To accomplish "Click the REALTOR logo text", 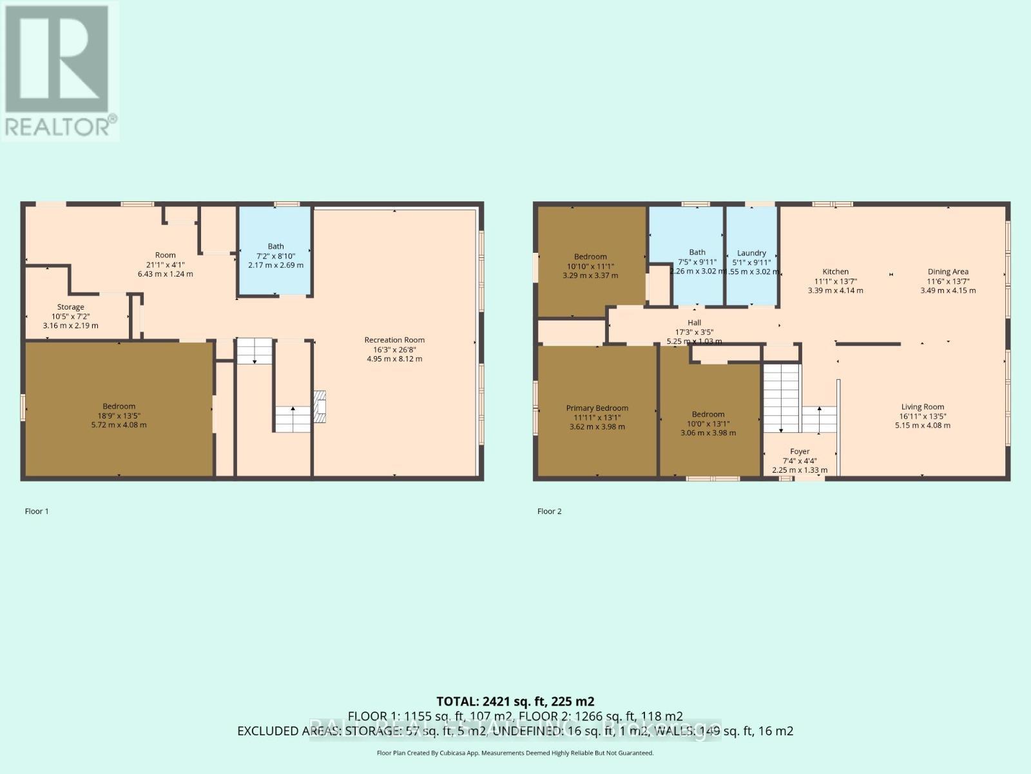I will pyautogui.click(x=59, y=126).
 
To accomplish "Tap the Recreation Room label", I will pyautogui.click(x=394, y=340).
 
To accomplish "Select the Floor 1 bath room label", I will pyautogui.click(x=276, y=246).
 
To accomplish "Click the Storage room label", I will pyautogui.click(x=70, y=307).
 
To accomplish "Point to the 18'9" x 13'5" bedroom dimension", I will pyautogui.click(x=119, y=415).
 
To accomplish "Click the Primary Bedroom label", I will pyautogui.click(x=597, y=408).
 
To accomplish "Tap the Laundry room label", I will pyautogui.click(x=751, y=253).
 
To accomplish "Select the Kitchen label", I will pyautogui.click(x=835, y=272).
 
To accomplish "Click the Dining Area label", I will pyautogui.click(x=948, y=272).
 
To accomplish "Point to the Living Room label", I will pyautogui.click(x=922, y=406).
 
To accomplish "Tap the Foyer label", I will pyautogui.click(x=800, y=451).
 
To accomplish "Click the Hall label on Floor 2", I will pyautogui.click(x=694, y=322).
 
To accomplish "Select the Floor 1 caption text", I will pyautogui.click(x=37, y=511).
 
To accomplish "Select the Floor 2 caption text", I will pyautogui.click(x=550, y=511).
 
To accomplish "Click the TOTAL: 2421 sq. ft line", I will pyautogui.click(x=515, y=701).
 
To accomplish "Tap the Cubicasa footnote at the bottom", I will pyautogui.click(x=515, y=753).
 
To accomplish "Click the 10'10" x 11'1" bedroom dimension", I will pyautogui.click(x=590, y=266).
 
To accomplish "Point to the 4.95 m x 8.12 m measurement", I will pyautogui.click(x=394, y=359).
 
